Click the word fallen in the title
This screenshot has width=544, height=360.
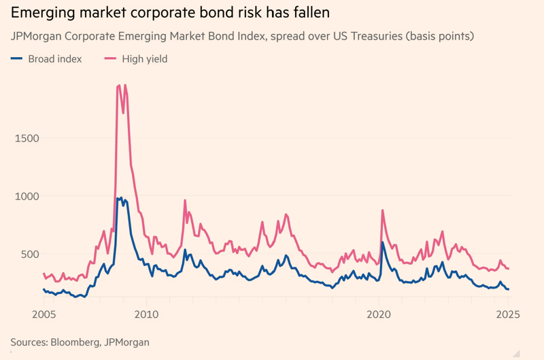click(311, 13)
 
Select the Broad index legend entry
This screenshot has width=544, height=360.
click(54, 59)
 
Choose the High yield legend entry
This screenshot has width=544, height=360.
click(144, 59)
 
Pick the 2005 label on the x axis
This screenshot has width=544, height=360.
click(44, 314)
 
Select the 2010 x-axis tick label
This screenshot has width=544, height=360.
click(146, 314)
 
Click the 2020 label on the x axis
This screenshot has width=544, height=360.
click(378, 314)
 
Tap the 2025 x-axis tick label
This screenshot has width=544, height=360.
click(507, 314)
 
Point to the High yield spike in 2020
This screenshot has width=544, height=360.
click(383, 210)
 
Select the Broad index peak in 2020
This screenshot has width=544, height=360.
click(383, 242)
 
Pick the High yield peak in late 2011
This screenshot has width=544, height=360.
click(185, 200)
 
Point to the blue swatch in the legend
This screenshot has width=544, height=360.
click(17, 59)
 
